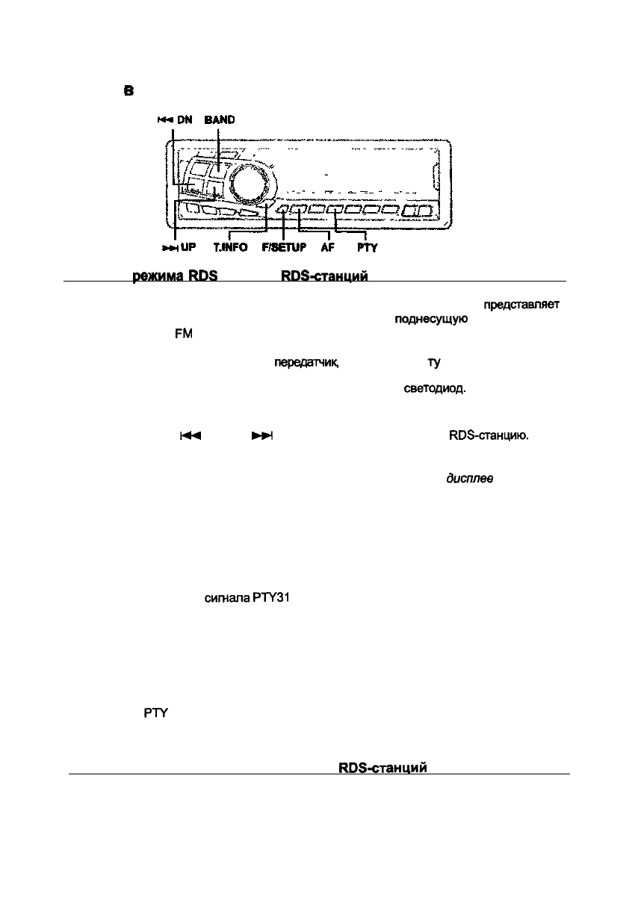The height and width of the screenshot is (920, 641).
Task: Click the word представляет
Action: point(521,305)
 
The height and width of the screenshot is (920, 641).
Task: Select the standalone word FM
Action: point(183,334)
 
